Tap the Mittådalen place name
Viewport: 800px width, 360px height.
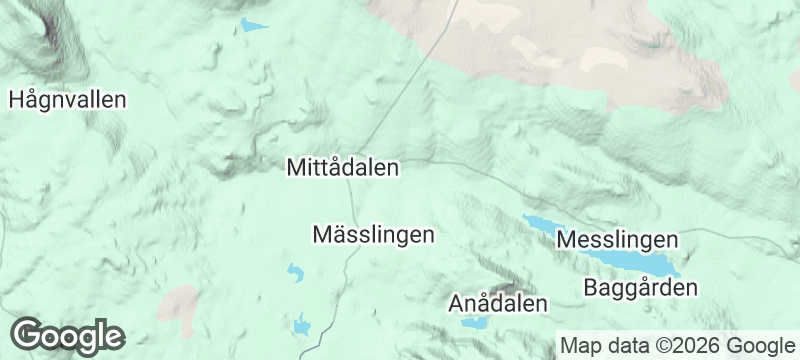(343, 167)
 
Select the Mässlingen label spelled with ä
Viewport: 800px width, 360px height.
(374, 235)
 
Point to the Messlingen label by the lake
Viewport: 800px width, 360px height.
(617, 241)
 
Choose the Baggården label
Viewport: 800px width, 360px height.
(640, 288)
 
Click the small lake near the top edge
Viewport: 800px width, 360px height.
(254, 25)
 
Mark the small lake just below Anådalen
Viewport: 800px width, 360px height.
(474, 323)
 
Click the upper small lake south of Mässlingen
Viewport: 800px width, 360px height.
(295, 270)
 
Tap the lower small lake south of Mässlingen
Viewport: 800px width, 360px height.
(301, 324)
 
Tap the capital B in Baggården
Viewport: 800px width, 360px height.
(590, 288)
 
